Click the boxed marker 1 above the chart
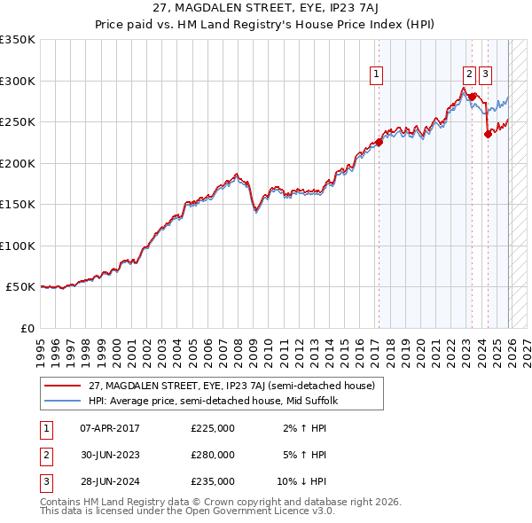(378, 75)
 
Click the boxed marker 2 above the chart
(470, 75)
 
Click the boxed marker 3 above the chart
(487, 75)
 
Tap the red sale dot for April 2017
(379, 142)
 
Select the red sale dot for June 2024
(487, 134)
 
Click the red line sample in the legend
(63, 386)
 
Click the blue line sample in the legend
(63, 401)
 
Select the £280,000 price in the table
(213, 455)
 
